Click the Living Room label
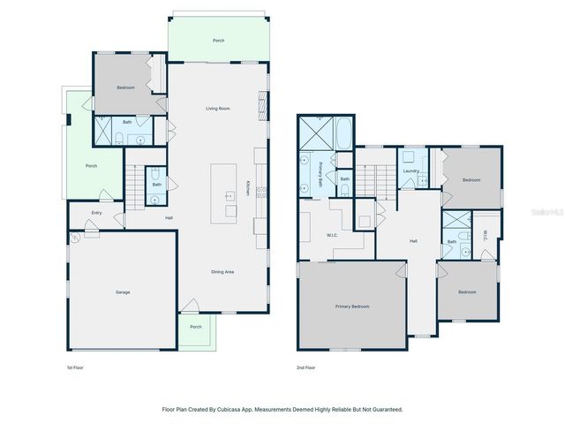pyautogui.click(x=218, y=109)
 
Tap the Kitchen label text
pyautogui.click(x=247, y=188)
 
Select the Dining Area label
pyautogui.click(x=222, y=272)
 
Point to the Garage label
pyautogui.click(x=122, y=291)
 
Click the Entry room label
pyautogui.click(x=96, y=213)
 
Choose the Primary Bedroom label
pyautogui.click(x=351, y=306)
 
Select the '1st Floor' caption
pyautogui.click(x=76, y=367)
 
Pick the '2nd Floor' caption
pyautogui.click(x=305, y=367)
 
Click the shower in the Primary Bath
pyautogui.click(x=315, y=132)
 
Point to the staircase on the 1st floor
pyautogui.click(x=134, y=187)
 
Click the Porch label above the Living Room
pyautogui.click(x=218, y=41)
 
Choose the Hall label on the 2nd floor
pyautogui.click(x=412, y=240)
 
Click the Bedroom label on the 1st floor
pyautogui.click(x=125, y=87)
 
